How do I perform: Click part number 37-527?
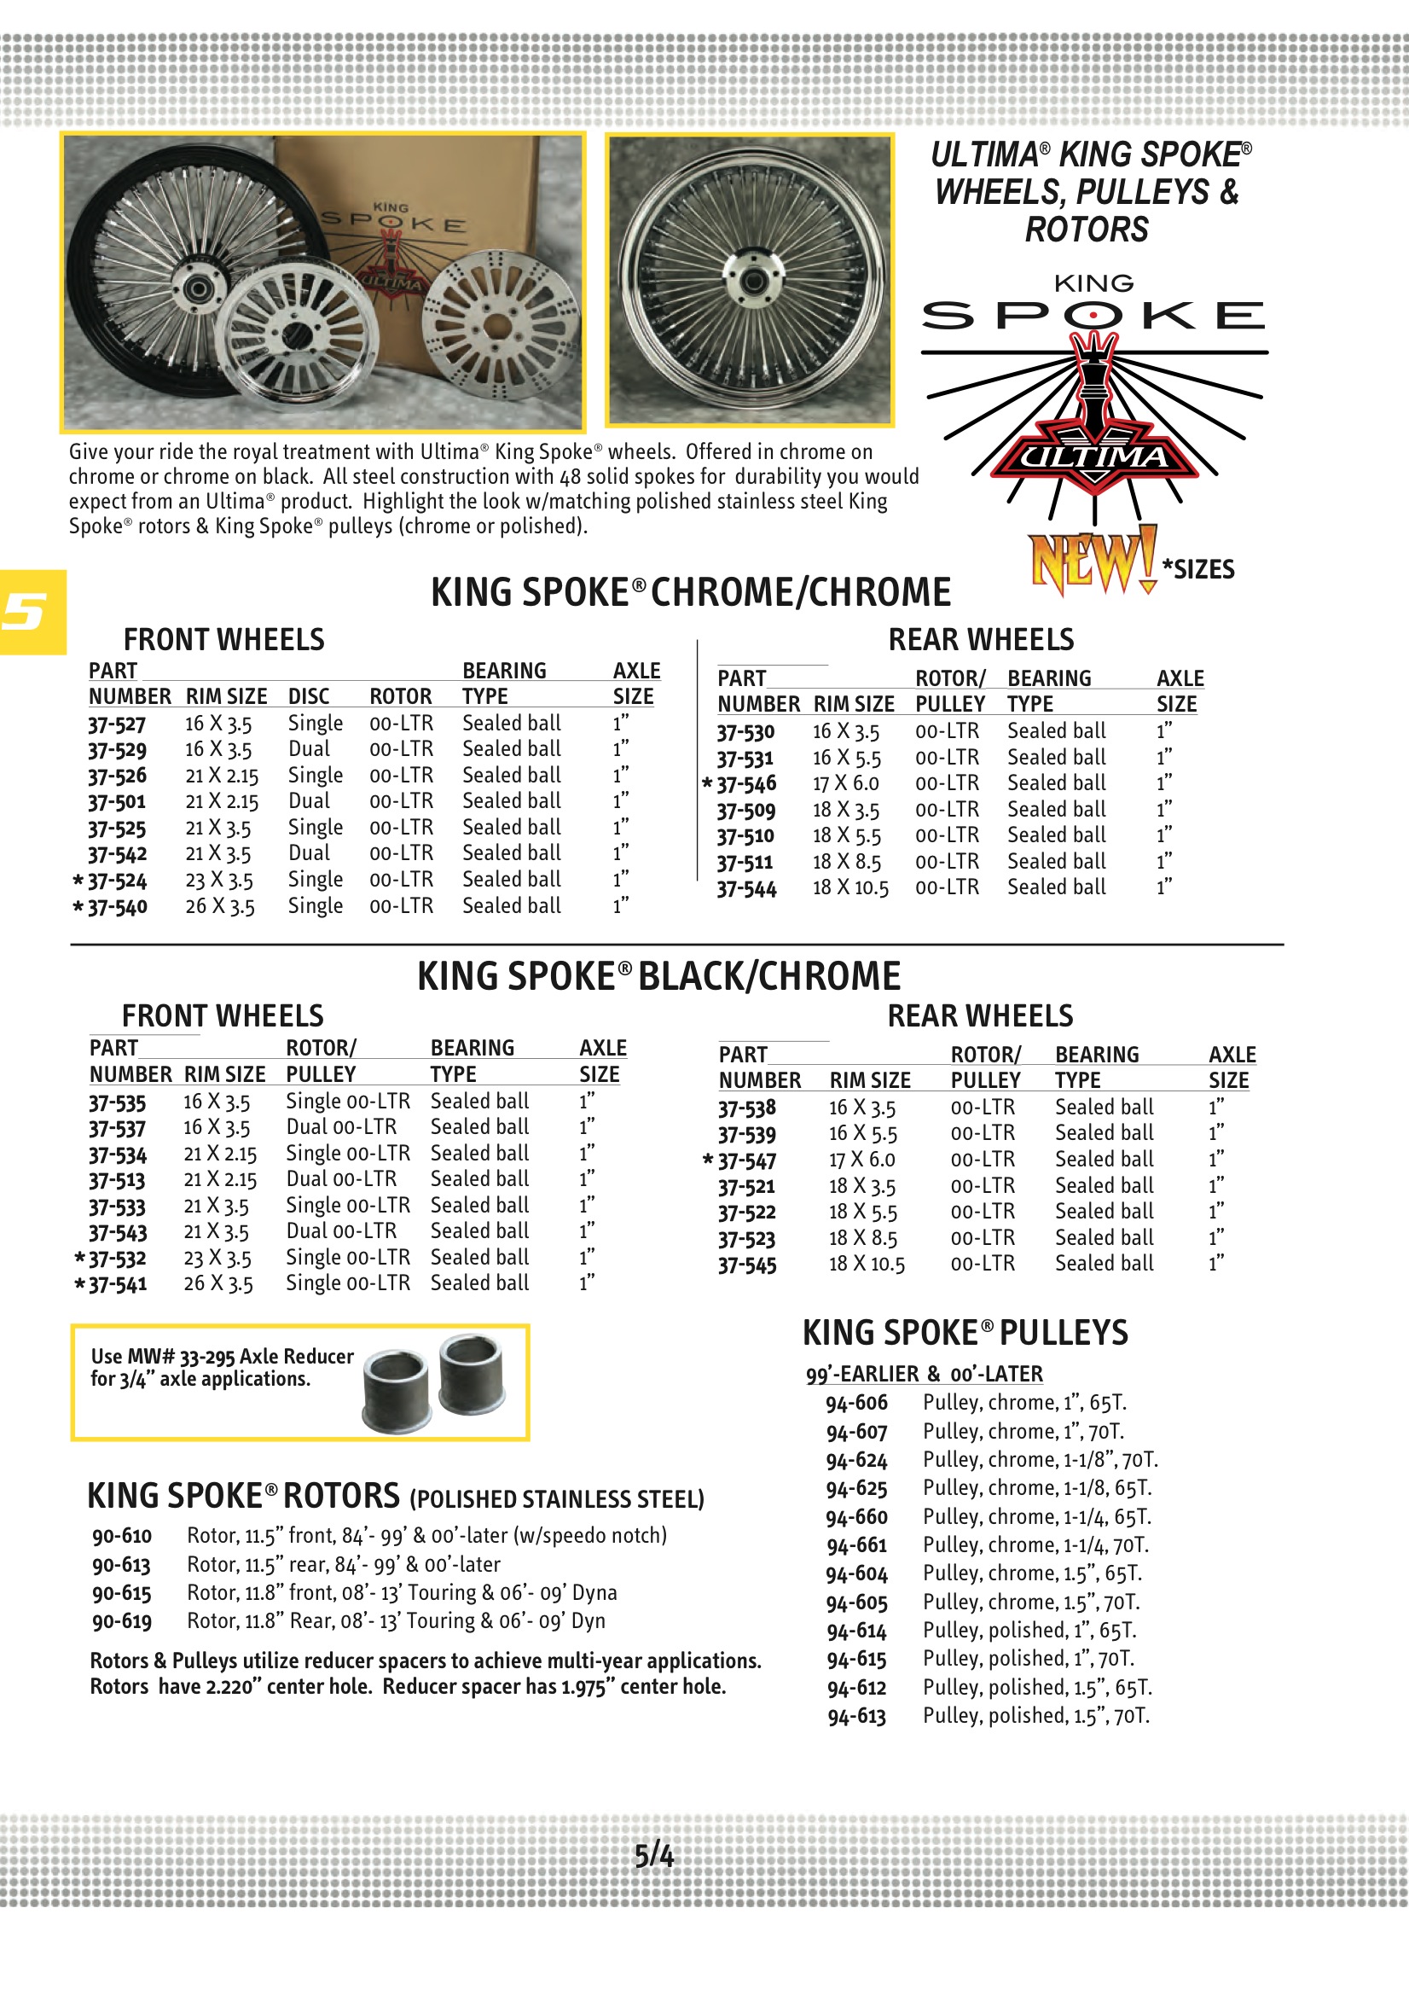tap(116, 724)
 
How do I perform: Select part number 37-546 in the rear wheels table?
tap(746, 783)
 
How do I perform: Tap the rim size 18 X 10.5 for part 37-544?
tap(850, 888)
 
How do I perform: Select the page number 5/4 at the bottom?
tap(653, 1856)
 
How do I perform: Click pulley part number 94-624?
tap(856, 1461)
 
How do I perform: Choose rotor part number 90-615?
tap(122, 1594)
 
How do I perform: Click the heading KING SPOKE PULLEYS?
tap(965, 1333)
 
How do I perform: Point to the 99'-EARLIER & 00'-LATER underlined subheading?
tap(924, 1374)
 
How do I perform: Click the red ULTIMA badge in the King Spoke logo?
tap(1093, 457)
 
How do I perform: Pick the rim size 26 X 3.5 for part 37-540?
tap(220, 906)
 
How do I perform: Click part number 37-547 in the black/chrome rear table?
tap(747, 1160)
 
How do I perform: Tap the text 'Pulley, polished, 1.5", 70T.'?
tap(1035, 1716)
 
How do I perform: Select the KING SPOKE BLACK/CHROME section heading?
tap(658, 977)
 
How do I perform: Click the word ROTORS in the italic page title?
tap(1086, 230)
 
